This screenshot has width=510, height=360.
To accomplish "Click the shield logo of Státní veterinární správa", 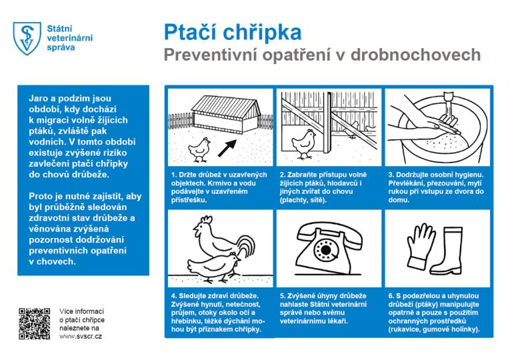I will pyautogui.click(x=26, y=38).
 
